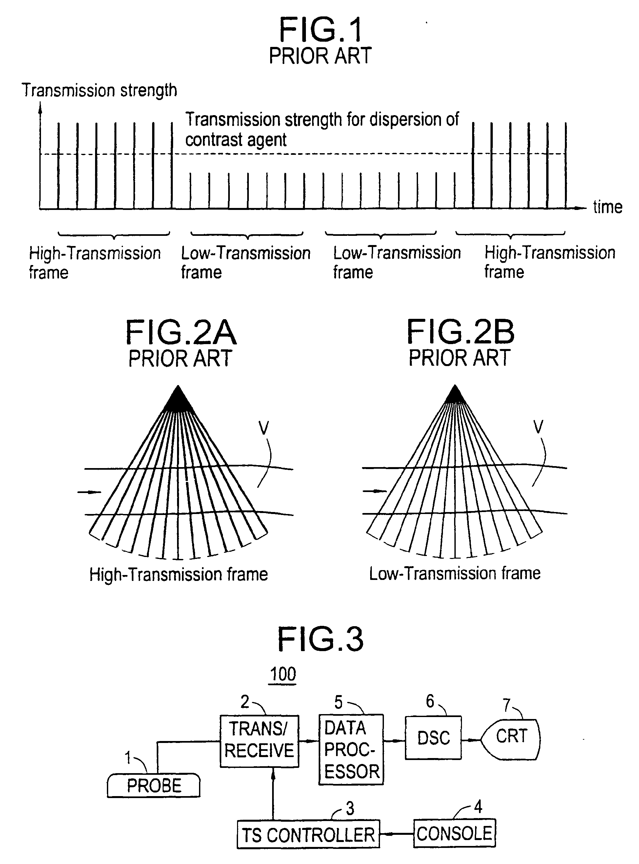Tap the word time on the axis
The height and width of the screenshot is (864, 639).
point(607,207)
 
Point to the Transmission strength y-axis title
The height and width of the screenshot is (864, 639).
point(99,90)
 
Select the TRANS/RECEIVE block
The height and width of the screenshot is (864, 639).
point(259,741)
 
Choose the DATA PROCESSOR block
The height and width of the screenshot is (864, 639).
point(351,750)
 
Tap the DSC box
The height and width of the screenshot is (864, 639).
point(433,738)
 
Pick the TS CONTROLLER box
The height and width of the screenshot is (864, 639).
point(308,834)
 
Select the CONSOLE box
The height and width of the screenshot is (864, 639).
point(454,833)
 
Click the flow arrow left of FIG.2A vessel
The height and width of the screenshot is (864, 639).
point(90,492)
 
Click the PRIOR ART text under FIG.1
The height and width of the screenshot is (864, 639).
point(320,56)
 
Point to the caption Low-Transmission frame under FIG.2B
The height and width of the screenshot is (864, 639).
point(455,573)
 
